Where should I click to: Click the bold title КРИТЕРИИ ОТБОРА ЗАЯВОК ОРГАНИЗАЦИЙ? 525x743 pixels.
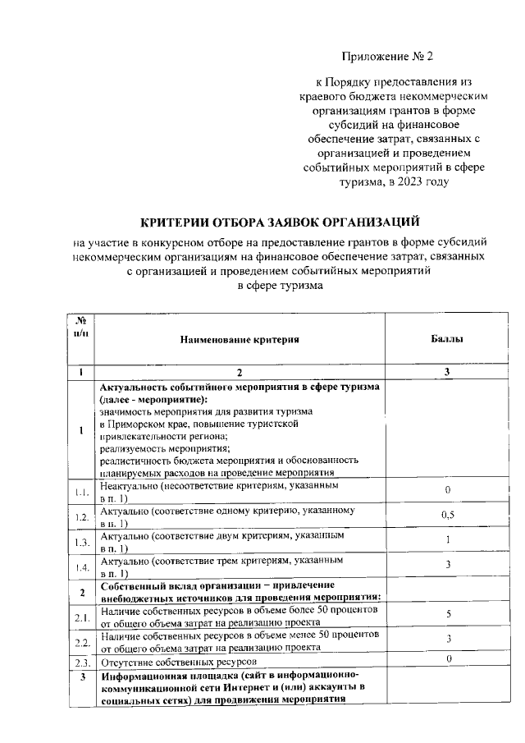[x=280, y=222]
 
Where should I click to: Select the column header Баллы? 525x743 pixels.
[x=447, y=338]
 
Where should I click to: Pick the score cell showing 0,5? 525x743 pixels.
[x=448, y=515]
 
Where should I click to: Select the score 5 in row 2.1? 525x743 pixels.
[x=448, y=613]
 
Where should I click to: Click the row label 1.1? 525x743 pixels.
[x=82, y=492]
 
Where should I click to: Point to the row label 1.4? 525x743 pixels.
[x=82, y=566]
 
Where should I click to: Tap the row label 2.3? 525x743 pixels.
[x=82, y=661]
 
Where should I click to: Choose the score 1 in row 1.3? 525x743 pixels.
[x=448, y=539]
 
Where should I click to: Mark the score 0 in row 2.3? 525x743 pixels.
[x=448, y=659]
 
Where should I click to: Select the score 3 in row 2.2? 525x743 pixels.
[x=448, y=638]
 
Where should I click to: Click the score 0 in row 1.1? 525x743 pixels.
[x=448, y=490]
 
